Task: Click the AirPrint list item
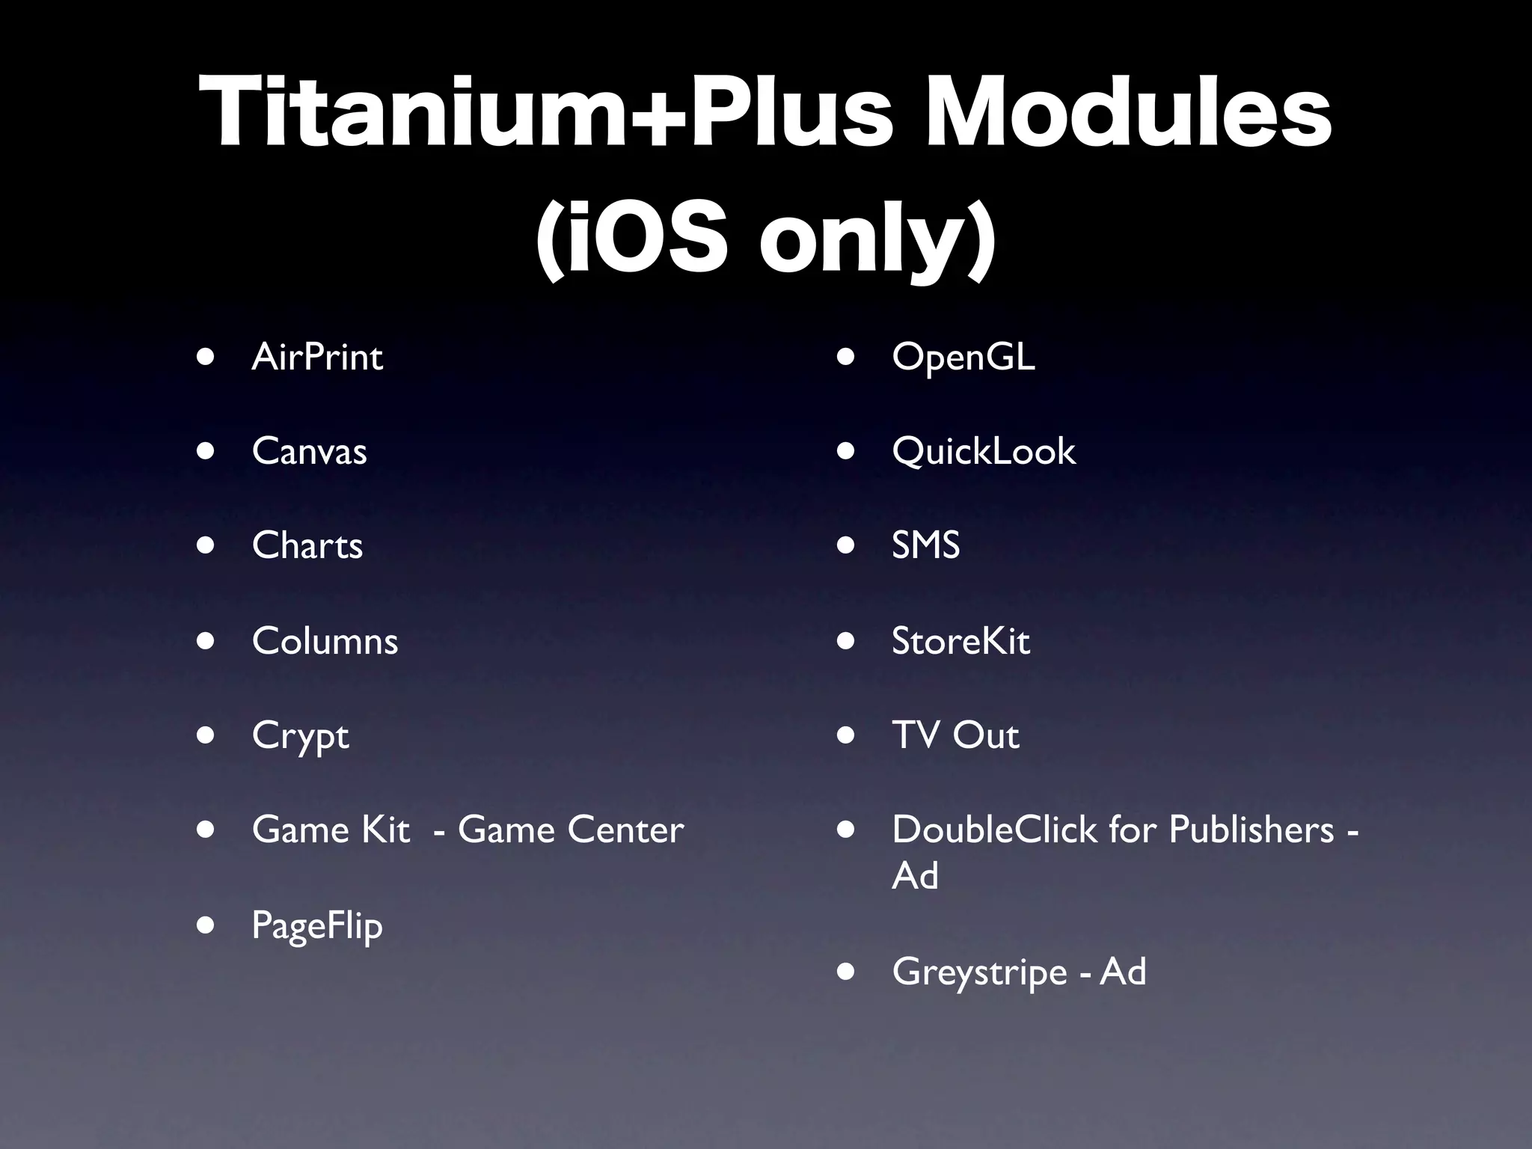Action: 317,357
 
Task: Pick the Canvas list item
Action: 309,451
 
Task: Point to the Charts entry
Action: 307,545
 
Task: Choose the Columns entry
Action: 325,641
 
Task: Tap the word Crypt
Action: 300,736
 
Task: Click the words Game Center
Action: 571,830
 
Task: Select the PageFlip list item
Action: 317,926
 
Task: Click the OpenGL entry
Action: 963,357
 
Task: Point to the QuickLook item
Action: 984,451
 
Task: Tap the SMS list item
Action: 925,545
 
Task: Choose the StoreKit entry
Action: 960,641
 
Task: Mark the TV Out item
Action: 955,735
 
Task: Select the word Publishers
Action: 1251,830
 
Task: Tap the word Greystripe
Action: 979,972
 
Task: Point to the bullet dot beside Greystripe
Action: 846,972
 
